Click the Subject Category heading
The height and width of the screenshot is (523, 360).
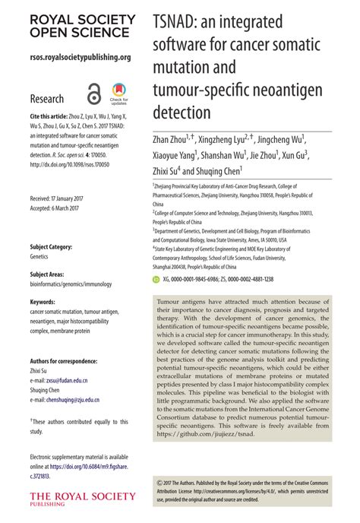point(51,247)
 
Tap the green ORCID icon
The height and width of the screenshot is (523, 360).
point(157,279)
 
